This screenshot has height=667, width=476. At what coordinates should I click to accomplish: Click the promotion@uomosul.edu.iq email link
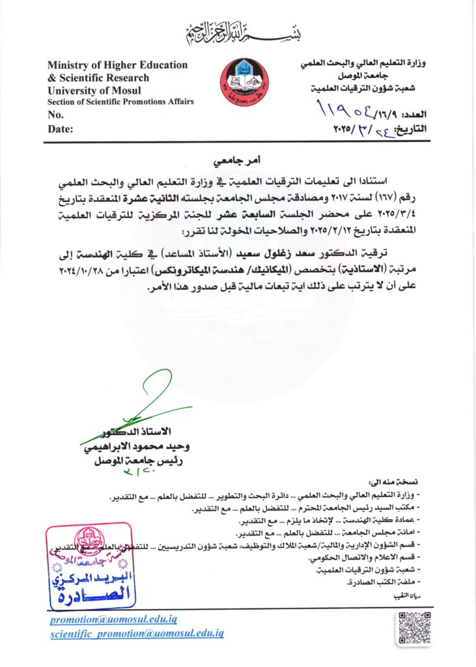point(113,619)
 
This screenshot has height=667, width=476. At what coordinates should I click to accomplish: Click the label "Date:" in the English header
point(61,129)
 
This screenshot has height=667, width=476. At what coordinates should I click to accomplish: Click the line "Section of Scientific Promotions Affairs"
point(120,102)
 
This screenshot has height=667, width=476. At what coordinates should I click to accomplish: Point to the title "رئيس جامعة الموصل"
point(137,460)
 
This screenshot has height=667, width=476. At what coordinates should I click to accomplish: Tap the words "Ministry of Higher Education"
point(117,65)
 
